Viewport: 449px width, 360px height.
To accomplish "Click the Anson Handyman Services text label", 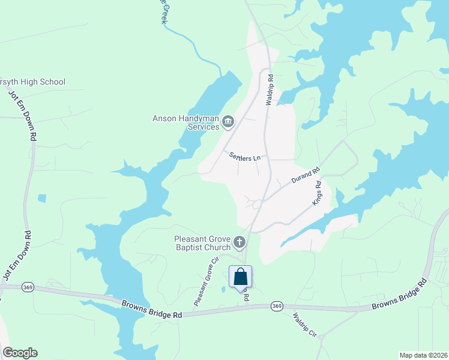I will (185, 122).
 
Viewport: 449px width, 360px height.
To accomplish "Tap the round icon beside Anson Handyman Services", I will (228, 122).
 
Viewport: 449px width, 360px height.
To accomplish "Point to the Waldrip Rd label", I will (271, 90).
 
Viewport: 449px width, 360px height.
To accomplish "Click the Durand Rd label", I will (305, 176).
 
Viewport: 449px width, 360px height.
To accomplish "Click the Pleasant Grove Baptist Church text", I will (202, 242).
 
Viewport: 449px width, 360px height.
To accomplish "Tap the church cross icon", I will (240, 242).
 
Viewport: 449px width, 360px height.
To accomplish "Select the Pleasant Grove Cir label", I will (204, 283).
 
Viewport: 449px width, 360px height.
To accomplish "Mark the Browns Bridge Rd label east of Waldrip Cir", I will (399, 296).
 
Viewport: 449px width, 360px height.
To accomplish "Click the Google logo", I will (20, 353).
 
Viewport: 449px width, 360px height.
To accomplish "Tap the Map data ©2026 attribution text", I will (423, 355).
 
